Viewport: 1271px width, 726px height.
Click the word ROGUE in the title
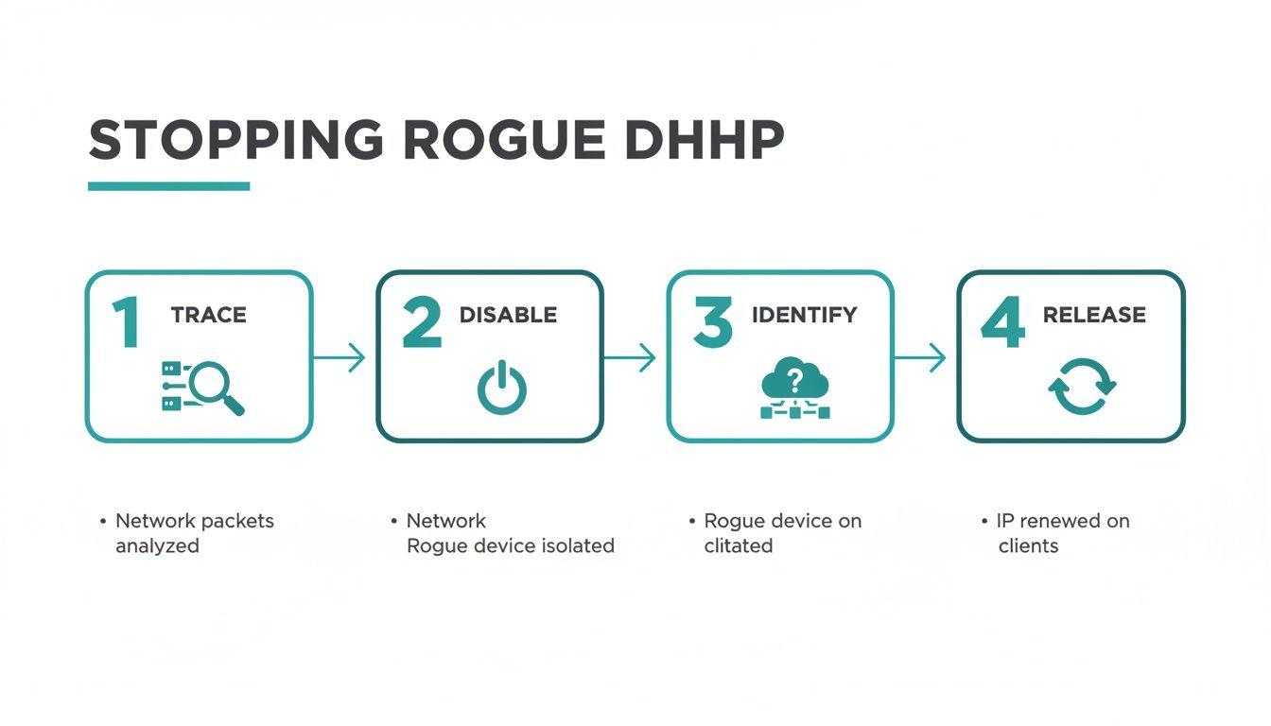tap(503, 141)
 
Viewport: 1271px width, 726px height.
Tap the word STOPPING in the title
tap(235, 141)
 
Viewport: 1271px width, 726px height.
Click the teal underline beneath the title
tap(168, 186)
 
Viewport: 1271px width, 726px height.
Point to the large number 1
tap(126, 322)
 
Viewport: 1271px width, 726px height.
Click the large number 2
tap(422, 322)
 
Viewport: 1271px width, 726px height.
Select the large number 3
tap(712, 322)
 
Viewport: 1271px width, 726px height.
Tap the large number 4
tap(1002, 322)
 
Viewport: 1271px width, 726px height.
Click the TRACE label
tap(208, 316)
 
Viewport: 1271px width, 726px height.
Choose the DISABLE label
tap(508, 316)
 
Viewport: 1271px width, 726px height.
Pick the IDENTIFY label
tap(804, 316)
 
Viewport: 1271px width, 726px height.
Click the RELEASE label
tap(1094, 316)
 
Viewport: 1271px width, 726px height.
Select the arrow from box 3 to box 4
tap(919, 357)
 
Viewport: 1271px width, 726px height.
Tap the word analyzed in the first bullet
tap(157, 545)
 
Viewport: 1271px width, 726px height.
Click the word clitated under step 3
tap(738, 545)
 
